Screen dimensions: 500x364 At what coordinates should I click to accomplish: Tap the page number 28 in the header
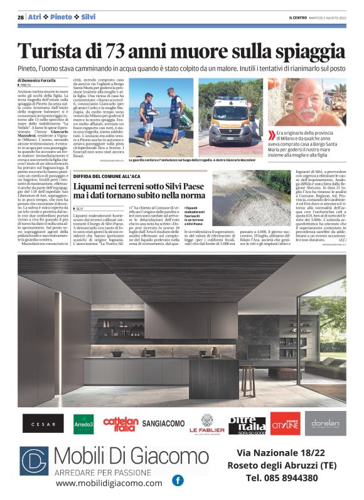(21, 16)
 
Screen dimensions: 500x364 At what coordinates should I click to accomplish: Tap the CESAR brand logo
(43, 424)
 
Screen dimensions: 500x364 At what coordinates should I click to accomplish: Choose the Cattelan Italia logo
(120, 424)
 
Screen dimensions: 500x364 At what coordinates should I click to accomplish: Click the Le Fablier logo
(207, 425)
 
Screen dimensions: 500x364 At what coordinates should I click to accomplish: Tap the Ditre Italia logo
(247, 424)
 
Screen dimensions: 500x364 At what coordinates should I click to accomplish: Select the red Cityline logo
(286, 424)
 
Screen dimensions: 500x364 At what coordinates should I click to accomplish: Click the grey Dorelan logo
(325, 424)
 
